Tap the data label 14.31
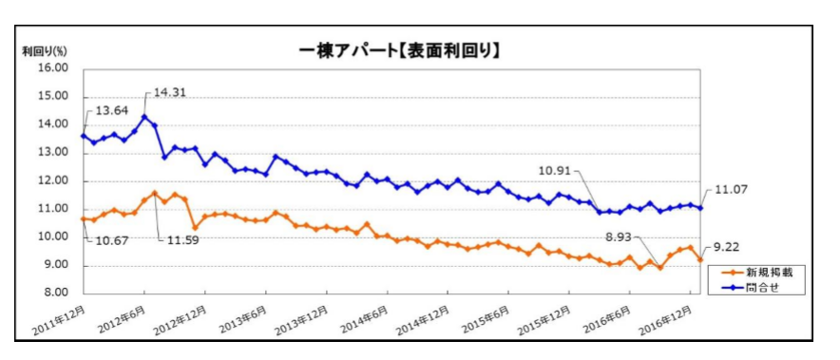(x=169, y=93)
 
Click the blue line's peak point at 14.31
(x=144, y=117)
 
